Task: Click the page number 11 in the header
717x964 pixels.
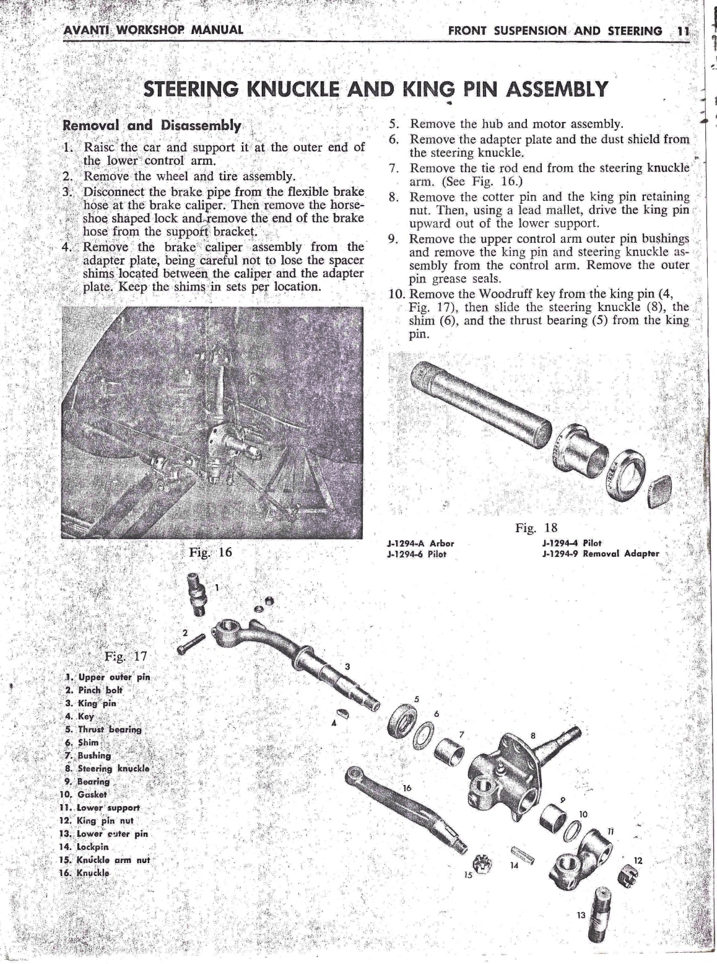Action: [x=683, y=30]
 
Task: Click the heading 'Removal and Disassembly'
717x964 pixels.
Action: [x=152, y=125]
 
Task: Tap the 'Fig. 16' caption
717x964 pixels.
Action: [x=211, y=552]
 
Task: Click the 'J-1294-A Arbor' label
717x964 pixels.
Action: [x=420, y=543]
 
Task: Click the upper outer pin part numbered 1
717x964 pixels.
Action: [x=197, y=594]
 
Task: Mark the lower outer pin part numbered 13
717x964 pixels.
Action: [x=601, y=905]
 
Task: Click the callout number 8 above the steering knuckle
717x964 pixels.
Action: [x=532, y=736]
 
